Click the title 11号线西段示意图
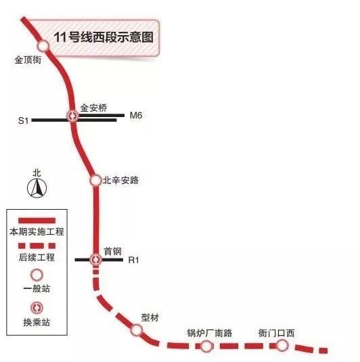[x=104, y=37]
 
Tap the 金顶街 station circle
[x=43, y=46]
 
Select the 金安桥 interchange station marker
[x=72, y=116]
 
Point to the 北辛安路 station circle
[x=95, y=180]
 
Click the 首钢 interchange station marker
[x=95, y=260]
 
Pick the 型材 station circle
[x=136, y=330]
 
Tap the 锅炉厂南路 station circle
[x=206, y=346]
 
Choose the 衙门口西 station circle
[x=282, y=346]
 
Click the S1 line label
[x=23, y=120]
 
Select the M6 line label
[x=136, y=115]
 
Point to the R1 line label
[x=134, y=261]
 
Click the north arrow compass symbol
[x=37, y=189]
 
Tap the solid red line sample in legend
[x=37, y=221]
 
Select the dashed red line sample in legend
[x=37, y=246]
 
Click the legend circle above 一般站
[x=37, y=275]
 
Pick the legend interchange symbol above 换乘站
[x=37, y=308]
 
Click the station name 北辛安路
[x=120, y=180]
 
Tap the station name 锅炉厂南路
[x=210, y=333]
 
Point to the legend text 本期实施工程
[x=37, y=232]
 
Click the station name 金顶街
[x=28, y=60]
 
